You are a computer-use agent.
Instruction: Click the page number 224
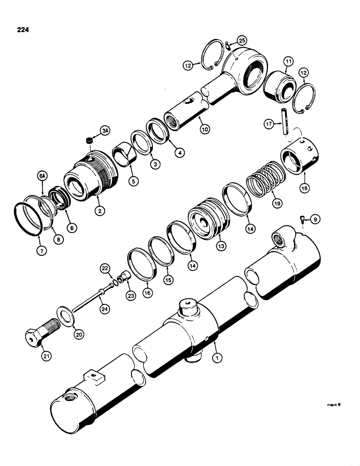point(21,30)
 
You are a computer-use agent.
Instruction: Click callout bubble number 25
point(242,41)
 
